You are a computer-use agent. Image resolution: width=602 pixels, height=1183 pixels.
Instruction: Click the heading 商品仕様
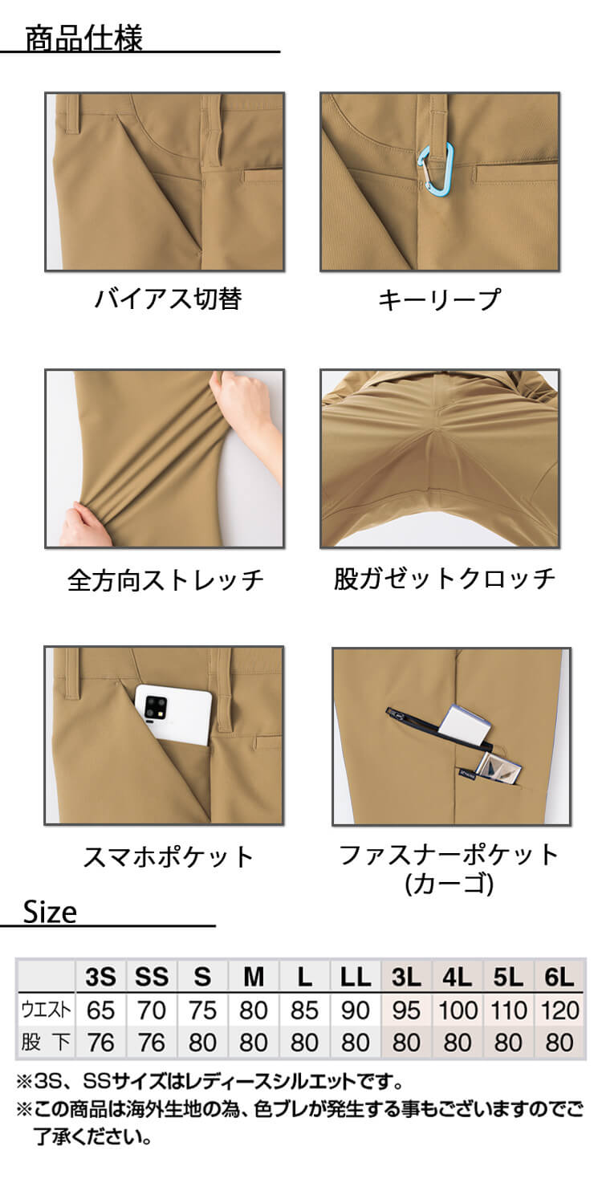(84, 39)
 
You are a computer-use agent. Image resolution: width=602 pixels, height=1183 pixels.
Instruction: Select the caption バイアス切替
(169, 299)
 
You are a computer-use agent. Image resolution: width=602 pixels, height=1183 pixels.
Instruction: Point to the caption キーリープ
(439, 299)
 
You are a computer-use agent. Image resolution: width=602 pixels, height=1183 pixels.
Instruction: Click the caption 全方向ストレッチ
(166, 579)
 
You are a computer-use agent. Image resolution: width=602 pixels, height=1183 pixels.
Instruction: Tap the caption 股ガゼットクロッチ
(445, 578)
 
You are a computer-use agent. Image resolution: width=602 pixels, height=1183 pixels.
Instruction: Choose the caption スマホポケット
(169, 856)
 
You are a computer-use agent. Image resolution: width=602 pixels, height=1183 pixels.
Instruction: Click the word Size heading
(51, 913)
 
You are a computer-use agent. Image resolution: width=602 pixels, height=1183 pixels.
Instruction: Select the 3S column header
(100, 977)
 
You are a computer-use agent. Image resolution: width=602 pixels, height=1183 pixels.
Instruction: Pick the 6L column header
(559, 977)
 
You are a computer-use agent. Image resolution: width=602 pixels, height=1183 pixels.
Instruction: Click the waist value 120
(559, 1010)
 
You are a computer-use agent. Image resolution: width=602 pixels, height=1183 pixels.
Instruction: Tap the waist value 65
(100, 1010)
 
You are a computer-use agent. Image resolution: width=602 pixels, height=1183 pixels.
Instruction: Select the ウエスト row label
(46, 1010)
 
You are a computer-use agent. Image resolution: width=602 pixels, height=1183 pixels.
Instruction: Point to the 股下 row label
(46, 1043)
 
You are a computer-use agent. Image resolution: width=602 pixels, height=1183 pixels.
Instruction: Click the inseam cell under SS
(152, 1043)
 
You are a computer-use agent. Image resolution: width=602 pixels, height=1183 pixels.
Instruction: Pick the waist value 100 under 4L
(458, 1010)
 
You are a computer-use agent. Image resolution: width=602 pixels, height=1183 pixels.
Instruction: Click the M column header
(254, 977)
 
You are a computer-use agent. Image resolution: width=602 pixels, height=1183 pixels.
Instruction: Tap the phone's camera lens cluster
(154, 705)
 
